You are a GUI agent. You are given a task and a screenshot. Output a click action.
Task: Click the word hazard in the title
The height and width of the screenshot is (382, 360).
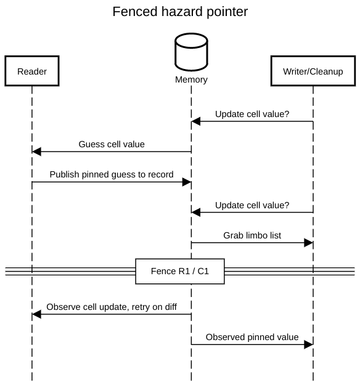(181, 12)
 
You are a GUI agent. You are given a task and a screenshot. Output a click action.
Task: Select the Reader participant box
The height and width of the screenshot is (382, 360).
(32, 71)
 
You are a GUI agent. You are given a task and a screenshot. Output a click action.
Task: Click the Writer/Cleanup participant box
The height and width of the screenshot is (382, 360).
(313, 71)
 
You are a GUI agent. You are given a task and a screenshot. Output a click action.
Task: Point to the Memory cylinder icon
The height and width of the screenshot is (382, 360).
(191, 52)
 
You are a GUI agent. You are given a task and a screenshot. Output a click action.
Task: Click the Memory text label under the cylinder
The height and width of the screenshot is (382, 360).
(191, 79)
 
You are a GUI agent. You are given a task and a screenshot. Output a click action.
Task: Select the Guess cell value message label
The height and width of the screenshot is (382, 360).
(112, 144)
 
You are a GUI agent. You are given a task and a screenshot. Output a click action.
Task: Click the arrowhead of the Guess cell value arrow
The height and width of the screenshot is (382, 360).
(36, 152)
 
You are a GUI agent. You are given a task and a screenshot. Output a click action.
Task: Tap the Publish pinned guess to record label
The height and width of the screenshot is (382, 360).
(112, 174)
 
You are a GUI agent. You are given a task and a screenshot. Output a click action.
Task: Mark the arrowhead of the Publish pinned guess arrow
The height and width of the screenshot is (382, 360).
(187, 182)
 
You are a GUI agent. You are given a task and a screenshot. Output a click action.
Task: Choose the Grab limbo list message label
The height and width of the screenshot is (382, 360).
(252, 235)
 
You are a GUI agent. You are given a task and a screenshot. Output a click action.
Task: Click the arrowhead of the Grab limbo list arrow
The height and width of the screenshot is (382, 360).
(308, 243)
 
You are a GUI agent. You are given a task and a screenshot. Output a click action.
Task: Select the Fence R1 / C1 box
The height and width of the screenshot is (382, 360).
(179, 271)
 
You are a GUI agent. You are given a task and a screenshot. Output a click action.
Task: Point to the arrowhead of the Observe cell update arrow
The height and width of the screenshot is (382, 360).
(36, 314)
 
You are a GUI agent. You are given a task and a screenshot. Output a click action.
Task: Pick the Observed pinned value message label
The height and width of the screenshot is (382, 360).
(252, 337)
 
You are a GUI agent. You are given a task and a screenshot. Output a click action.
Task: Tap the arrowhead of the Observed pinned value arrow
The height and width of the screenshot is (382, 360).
(308, 344)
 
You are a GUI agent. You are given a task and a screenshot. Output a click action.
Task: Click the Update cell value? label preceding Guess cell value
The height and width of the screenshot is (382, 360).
(252, 114)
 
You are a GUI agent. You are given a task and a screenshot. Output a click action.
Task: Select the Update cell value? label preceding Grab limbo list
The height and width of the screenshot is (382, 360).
(252, 205)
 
